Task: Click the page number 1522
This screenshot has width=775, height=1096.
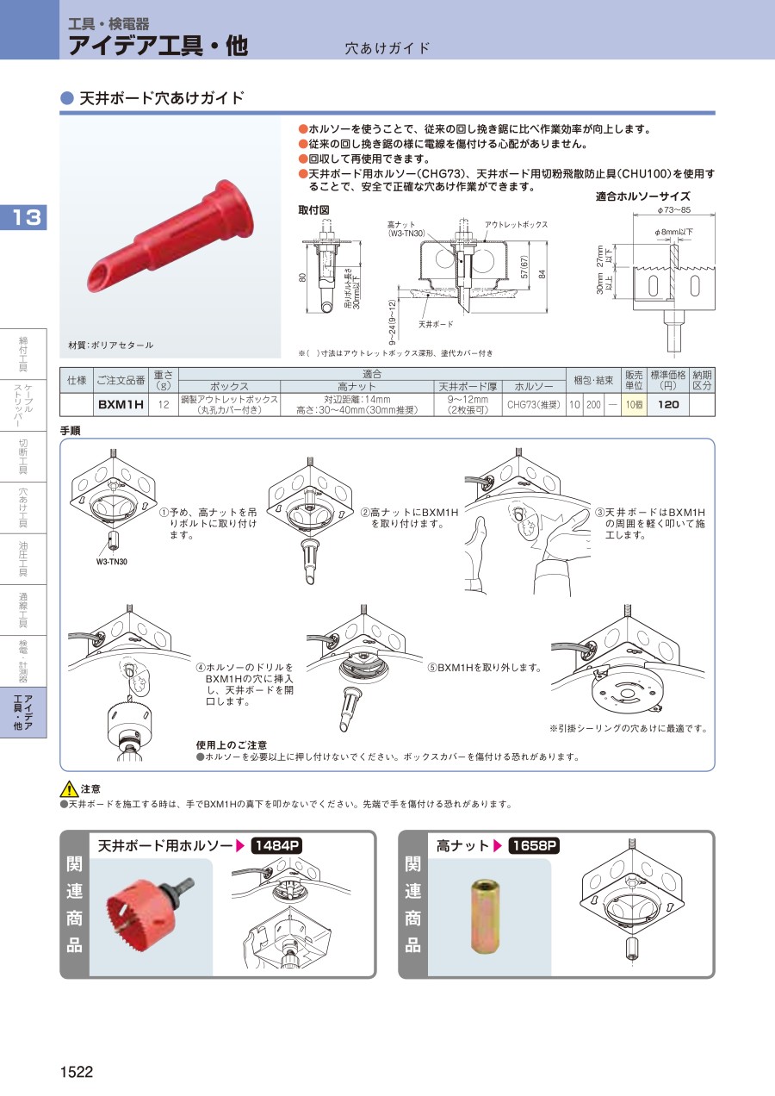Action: pos(77,1072)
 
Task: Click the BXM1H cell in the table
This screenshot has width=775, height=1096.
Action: pos(121,405)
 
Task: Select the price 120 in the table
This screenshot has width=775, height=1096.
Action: pos(668,405)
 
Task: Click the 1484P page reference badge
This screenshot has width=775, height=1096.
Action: pos(276,845)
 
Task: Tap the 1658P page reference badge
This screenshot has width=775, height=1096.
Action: pos(534,845)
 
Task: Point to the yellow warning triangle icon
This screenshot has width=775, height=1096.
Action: pos(69,789)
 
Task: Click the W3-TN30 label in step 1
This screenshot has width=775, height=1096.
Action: pos(111,562)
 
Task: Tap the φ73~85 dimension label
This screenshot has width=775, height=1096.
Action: pos(673,210)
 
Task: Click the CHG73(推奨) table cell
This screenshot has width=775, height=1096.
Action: pos(533,405)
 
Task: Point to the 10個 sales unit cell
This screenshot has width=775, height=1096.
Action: pos(634,405)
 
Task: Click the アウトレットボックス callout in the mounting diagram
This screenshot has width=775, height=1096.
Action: pos(516,225)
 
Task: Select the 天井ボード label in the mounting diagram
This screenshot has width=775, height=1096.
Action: pos(436,324)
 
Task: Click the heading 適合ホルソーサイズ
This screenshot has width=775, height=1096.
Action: pos(642,196)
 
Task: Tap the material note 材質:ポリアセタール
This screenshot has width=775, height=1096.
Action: pos(111,345)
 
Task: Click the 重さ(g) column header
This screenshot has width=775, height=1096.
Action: pos(164,380)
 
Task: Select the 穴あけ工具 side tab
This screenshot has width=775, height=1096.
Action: pos(23,508)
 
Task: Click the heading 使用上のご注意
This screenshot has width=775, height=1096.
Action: pos(232,745)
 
